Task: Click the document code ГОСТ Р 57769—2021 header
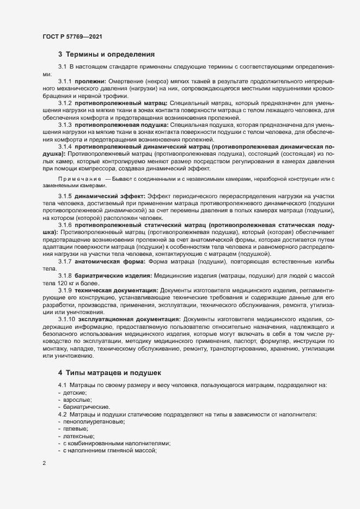tap(71, 36)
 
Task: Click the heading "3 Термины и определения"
tap(107, 54)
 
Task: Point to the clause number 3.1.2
tap(65, 103)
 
